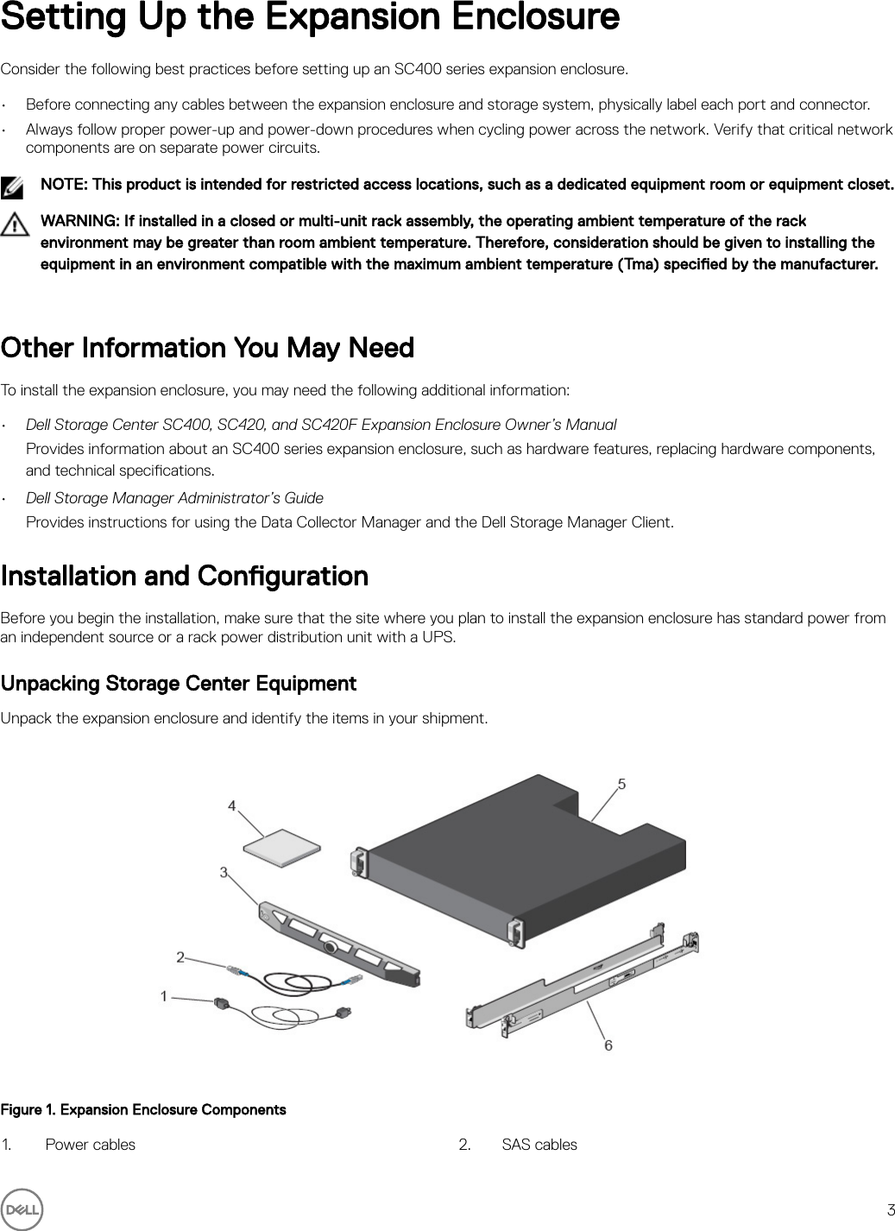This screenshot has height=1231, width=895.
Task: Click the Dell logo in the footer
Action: click(x=22, y=1209)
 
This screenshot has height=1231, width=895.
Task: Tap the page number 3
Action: click(x=890, y=1209)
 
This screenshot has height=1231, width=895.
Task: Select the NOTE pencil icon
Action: click(x=13, y=186)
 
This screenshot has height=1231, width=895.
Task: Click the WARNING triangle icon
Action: click(x=14, y=225)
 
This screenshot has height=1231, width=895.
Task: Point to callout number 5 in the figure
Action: click(x=621, y=784)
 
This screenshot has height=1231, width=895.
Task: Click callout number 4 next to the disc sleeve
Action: click(x=232, y=805)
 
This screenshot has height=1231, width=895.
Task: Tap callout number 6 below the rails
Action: click(x=608, y=1045)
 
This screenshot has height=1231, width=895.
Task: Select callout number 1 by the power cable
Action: click(x=164, y=996)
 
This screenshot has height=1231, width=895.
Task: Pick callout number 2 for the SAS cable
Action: click(x=180, y=956)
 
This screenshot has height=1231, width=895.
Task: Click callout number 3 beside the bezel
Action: click(x=224, y=873)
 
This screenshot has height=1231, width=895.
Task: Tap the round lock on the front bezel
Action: click(x=330, y=946)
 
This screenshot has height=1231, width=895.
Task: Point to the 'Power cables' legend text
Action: click(x=90, y=1145)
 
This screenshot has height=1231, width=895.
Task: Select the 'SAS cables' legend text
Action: click(x=539, y=1145)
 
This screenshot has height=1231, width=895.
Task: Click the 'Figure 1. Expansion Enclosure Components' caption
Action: click(x=143, y=1109)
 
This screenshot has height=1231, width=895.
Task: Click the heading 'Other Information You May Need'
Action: click(x=207, y=348)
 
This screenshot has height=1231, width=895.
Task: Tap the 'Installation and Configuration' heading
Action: click(x=185, y=576)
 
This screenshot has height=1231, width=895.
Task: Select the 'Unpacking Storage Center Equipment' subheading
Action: click(x=179, y=684)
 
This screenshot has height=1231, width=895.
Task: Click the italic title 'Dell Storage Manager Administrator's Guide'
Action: click(x=174, y=498)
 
